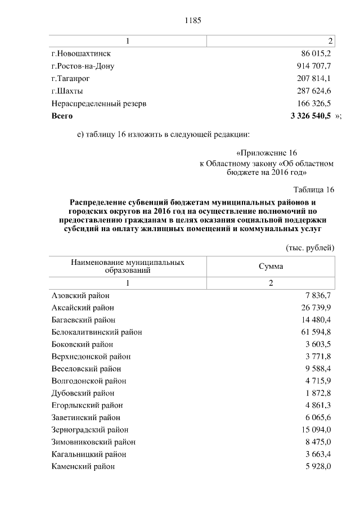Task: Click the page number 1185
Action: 193,20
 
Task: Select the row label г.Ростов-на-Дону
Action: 83,66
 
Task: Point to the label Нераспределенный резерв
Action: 99,103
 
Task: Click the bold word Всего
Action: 62,116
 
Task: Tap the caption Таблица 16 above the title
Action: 314,189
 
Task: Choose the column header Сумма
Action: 271,266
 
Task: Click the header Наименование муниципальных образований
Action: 128,266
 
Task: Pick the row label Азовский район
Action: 80,295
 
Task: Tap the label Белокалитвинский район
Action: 96,332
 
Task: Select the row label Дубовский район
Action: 83,393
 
